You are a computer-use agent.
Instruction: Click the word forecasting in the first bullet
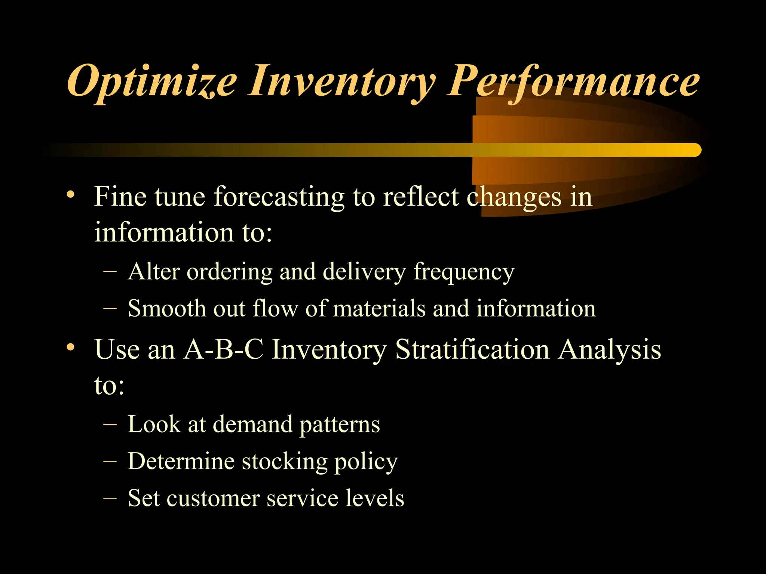click(x=279, y=197)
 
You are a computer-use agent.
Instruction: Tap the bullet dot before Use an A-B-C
click(x=71, y=347)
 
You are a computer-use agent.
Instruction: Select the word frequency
click(x=464, y=272)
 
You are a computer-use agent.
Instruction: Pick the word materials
click(x=379, y=309)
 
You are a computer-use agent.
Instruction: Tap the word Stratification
click(x=472, y=349)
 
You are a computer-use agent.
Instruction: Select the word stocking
click(x=284, y=462)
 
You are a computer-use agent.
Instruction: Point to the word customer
click(x=213, y=499)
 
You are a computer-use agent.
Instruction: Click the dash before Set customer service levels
click(x=110, y=498)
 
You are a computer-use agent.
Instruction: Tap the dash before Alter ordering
click(x=110, y=272)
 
